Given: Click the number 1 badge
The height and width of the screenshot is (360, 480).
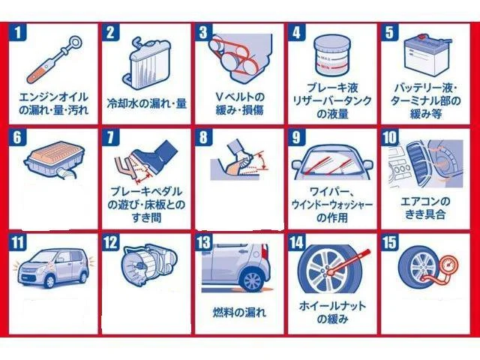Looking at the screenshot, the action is pyautogui.click(x=18, y=31).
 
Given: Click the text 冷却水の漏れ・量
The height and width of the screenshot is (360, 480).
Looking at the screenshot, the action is pyautogui.click(x=147, y=103).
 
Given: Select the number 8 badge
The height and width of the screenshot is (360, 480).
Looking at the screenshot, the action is pyautogui.click(x=203, y=137).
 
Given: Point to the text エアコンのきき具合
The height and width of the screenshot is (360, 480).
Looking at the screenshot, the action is pyautogui.click(x=425, y=208).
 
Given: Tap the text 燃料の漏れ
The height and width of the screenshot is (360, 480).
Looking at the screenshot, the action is pyautogui.click(x=239, y=312).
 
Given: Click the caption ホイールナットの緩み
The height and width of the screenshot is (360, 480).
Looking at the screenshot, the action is pyautogui.click(x=332, y=312).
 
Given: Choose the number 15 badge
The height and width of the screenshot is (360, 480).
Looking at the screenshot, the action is pyautogui.click(x=390, y=242).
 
